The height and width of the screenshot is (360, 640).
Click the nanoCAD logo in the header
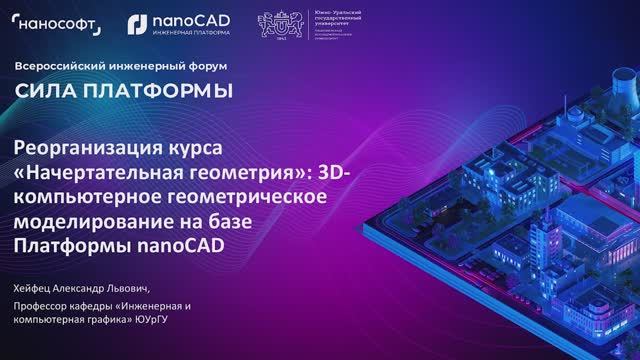tap(179, 19)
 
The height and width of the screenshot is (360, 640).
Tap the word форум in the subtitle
tap(206, 66)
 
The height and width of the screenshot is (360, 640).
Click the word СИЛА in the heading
tap(44, 91)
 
